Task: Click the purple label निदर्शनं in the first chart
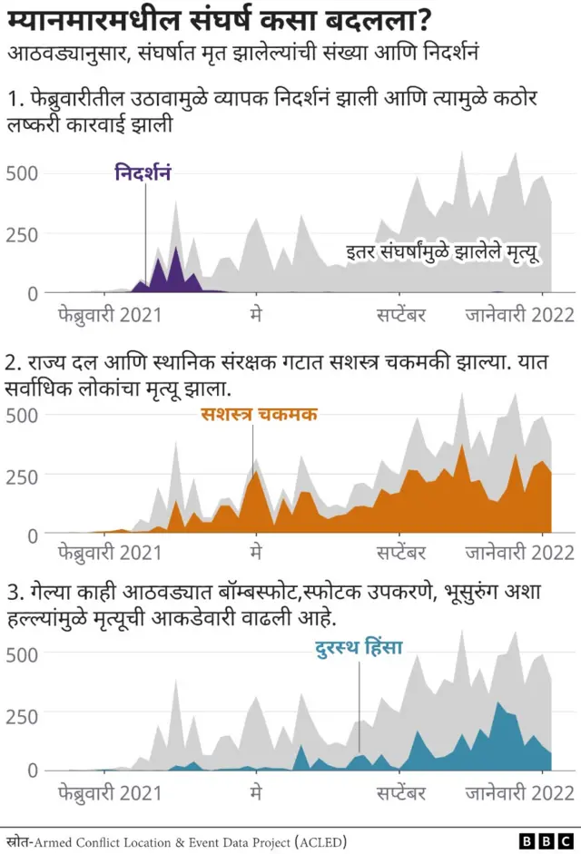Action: (x=143, y=172)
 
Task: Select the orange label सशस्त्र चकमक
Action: (x=259, y=415)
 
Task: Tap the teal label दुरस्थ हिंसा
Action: (x=358, y=648)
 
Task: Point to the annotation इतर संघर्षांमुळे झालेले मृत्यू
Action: (x=442, y=251)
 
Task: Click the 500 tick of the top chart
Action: (x=23, y=173)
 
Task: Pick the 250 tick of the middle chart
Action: (x=23, y=476)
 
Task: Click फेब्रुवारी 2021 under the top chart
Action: (x=109, y=314)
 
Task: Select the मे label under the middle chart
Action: (x=257, y=552)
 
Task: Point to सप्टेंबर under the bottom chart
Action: (x=401, y=793)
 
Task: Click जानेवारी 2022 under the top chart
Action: (x=520, y=314)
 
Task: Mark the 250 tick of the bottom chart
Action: (x=23, y=714)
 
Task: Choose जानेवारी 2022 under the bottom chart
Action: (x=520, y=793)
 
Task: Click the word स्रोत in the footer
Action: (x=17, y=841)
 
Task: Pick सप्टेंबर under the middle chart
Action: (x=401, y=552)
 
